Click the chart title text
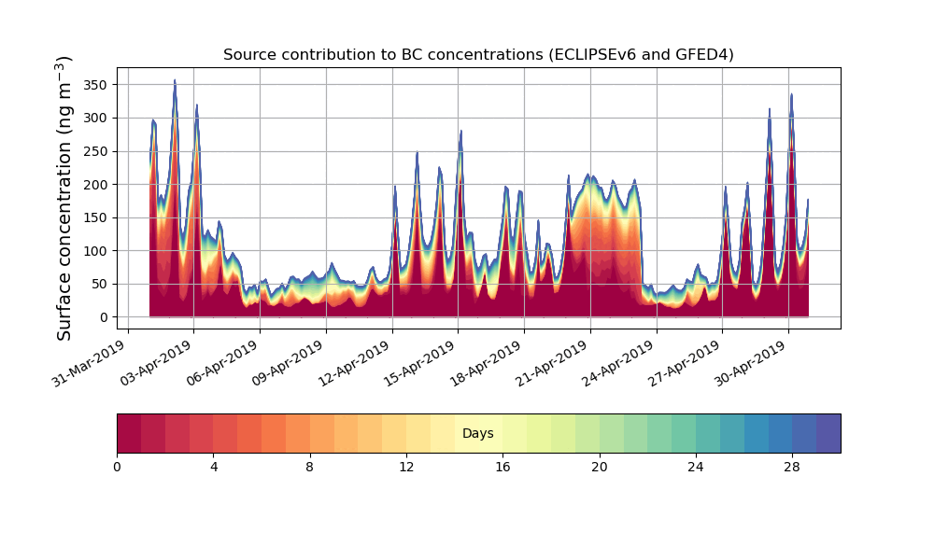pyautogui.click(x=478, y=55)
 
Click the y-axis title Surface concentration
pyautogui.click(x=64, y=198)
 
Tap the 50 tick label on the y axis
pyautogui.click(x=97, y=285)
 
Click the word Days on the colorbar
pyautogui.click(x=478, y=433)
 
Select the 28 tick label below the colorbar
pyautogui.click(x=792, y=467)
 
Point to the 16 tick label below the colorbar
pyautogui.click(x=502, y=467)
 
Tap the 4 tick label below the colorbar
pyautogui.click(x=214, y=467)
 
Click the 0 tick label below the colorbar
pyautogui.click(x=117, y=467)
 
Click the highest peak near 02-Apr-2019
pyautogui.click(x=175, y=82)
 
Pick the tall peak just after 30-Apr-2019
pyautogui.click(x=791, y=94)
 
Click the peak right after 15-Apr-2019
pyautogui.click(x=460, y=132)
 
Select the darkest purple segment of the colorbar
pyautogui.click(x=828, y=433)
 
